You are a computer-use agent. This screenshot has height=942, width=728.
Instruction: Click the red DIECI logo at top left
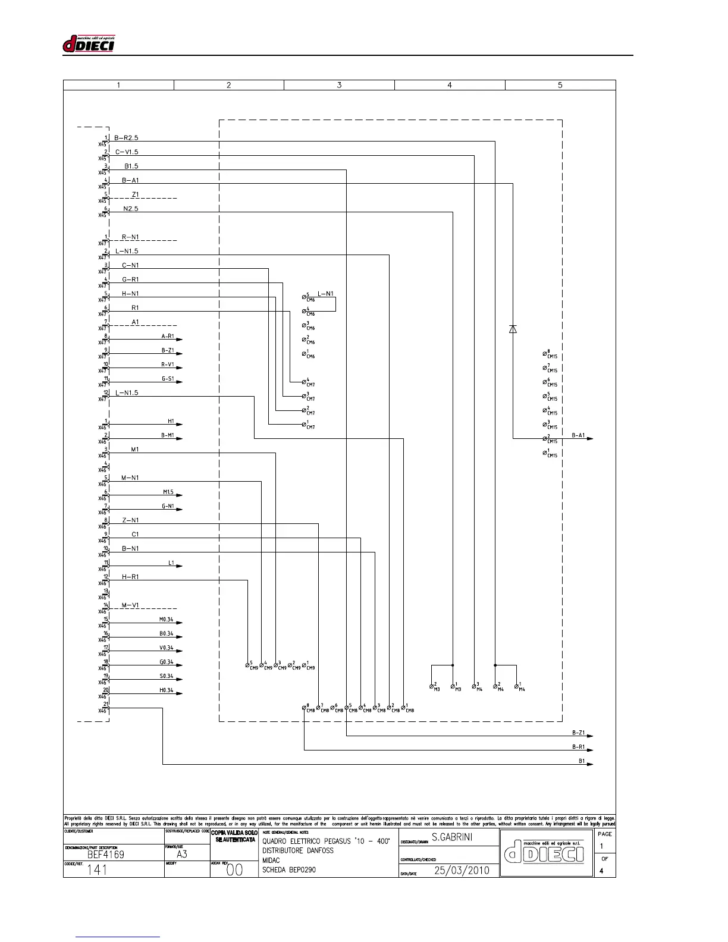tap(89, 43)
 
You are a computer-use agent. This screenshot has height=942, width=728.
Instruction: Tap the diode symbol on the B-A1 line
tap(513, 329)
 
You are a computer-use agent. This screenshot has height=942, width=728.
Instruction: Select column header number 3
tap(339, 85)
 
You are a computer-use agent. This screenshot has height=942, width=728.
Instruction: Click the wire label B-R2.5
tap(126, 138)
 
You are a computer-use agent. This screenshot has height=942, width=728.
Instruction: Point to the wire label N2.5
tap(131, 209)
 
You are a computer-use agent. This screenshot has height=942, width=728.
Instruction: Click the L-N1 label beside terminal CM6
tap(325, 294)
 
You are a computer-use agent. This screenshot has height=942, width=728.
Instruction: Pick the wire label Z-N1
tap(130, 520)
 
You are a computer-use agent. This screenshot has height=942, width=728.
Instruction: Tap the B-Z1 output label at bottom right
tap(578, 733)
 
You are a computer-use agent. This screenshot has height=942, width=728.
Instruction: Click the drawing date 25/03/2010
tap(462, 870)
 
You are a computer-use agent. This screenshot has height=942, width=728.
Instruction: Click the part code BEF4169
tap(106, 855)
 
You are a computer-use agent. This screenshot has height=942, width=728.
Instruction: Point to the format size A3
tap(182, 855)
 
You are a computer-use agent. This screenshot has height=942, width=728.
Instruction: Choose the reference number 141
tap(98, 870)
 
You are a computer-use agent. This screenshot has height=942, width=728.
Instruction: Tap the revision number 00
tap(235, 870)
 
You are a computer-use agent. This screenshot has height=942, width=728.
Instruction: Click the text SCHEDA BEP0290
tap(289, 870)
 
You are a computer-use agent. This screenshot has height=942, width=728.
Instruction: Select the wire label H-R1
tap(130, 577)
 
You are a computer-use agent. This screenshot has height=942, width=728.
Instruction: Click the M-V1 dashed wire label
tap(130, 605)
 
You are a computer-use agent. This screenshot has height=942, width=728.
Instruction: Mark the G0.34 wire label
tap(166, 662)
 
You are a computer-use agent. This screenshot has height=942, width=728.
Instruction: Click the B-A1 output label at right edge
tap(578, 435)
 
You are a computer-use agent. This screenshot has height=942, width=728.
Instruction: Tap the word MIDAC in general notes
tap(271, 861)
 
